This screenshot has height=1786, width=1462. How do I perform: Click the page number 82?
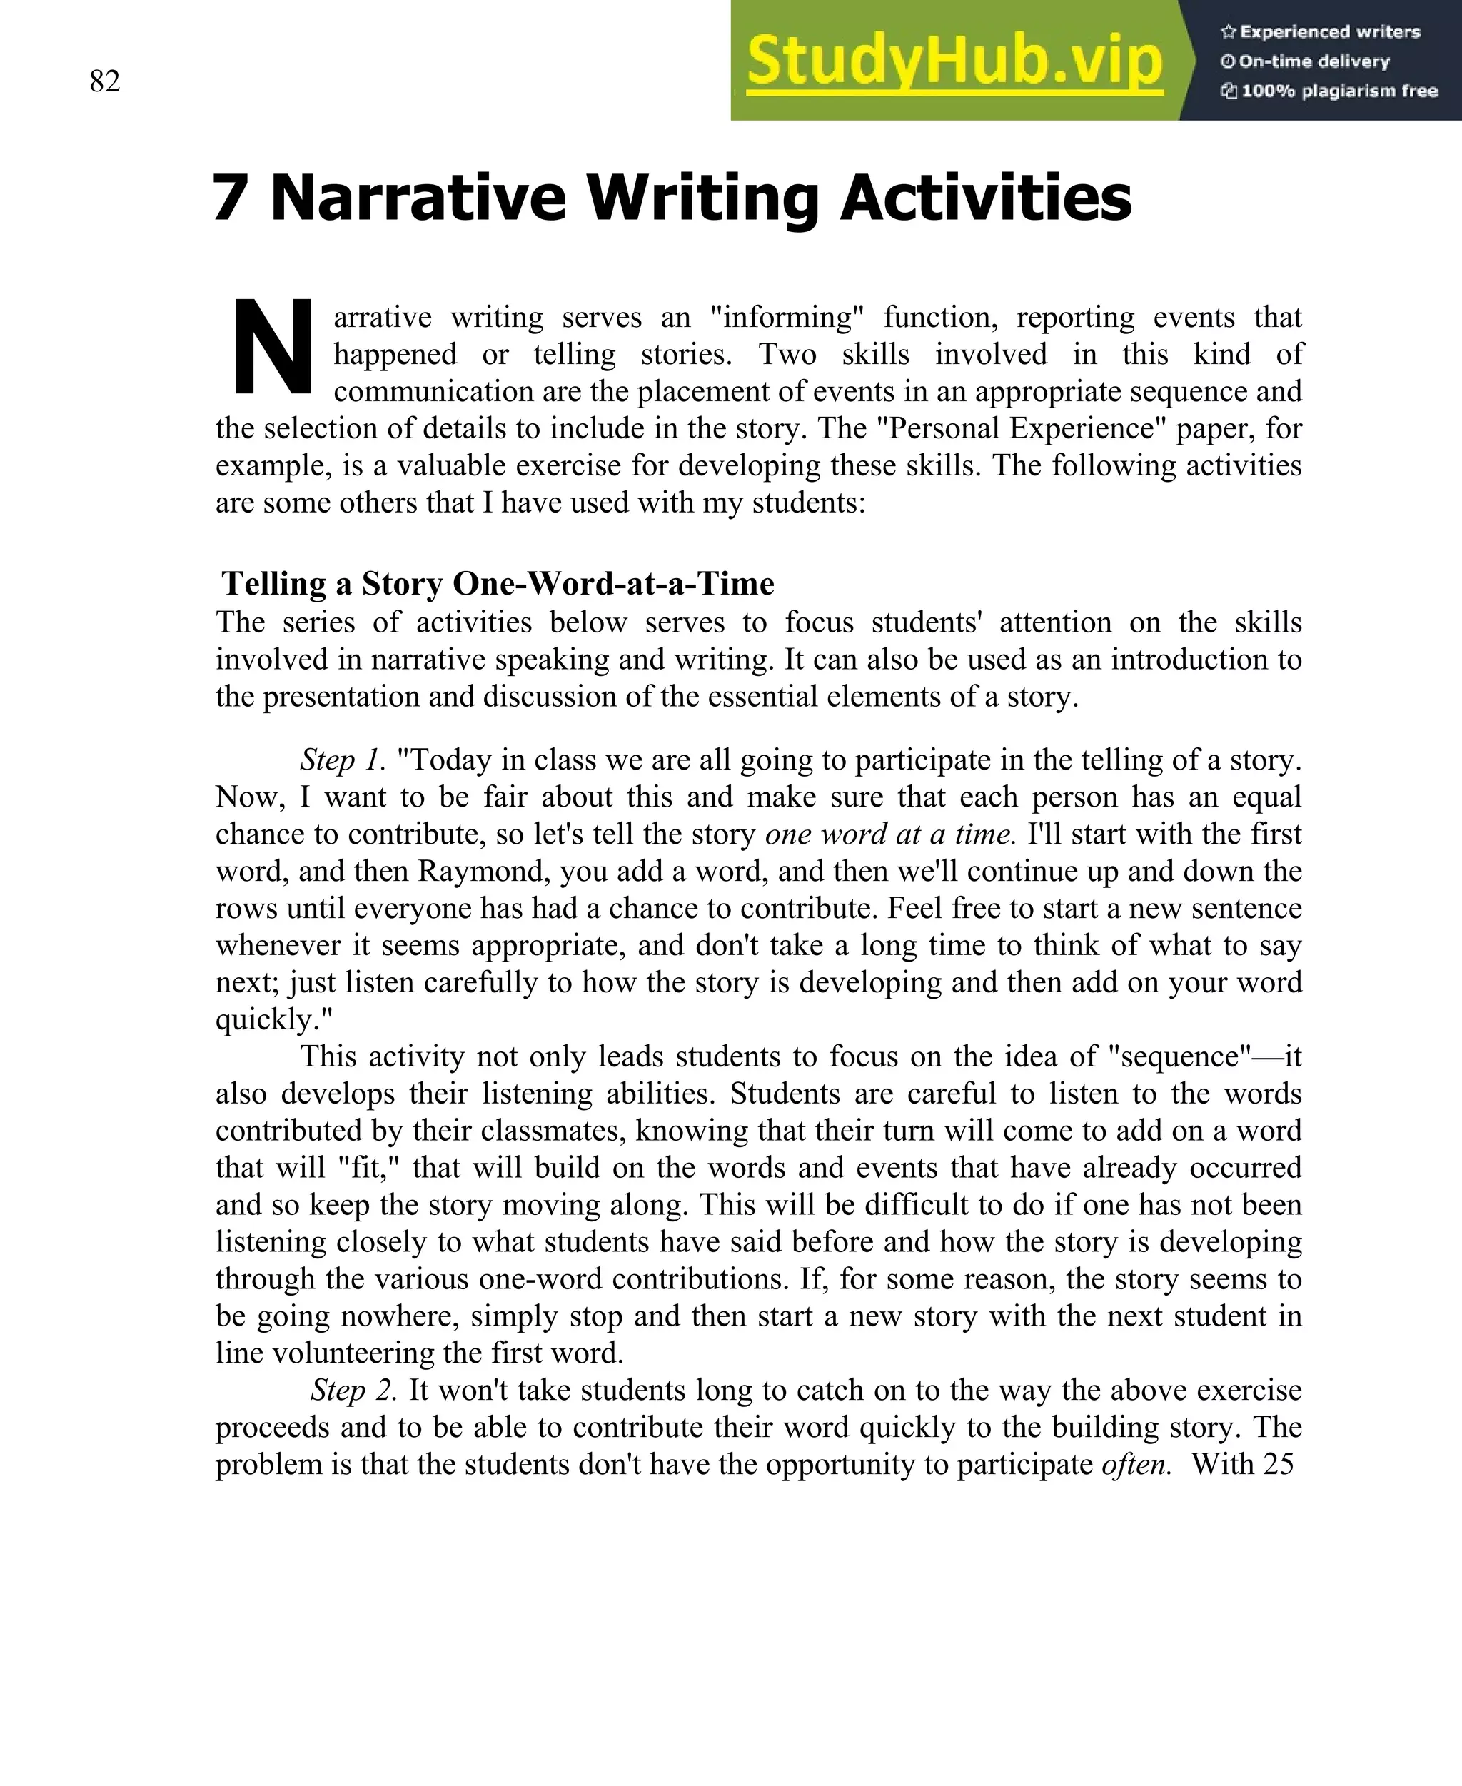pyautogui.click(x=104, y=81)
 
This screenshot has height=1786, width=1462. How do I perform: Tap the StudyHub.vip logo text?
pyautogui.click(x=954, y=61)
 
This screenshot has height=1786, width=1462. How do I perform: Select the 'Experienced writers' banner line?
pyautogui.click(x=1321, y=32)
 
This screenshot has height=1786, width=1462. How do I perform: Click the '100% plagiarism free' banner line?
pyautogui.click(x=1330, y=91)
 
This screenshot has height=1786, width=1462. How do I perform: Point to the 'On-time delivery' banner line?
pyautogui.click(x=1306, y=61)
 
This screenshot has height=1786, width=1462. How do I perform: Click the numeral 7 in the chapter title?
pyautogui.click(x=230, y=198)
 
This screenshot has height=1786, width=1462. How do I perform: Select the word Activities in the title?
pyautogui.click(x=986, y=198)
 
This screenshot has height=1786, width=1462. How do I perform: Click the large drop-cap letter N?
pyautogui.click(x=271, y=347)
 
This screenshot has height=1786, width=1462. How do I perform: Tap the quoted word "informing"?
pyautogui.click(x=787, y=318)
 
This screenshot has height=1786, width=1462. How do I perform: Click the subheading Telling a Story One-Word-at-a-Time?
pyautogui.click(x=498, y=583)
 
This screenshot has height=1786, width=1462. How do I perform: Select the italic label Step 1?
pyautogui.click(x=343, y=760)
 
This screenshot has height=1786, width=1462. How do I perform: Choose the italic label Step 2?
pyautogui.click(x=353, y=1391)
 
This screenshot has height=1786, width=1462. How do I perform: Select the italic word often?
pyautogui.click(x=1136, y=1464)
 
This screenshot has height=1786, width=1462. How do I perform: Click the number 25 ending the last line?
pyautogui.click(x=1278, y=1464)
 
